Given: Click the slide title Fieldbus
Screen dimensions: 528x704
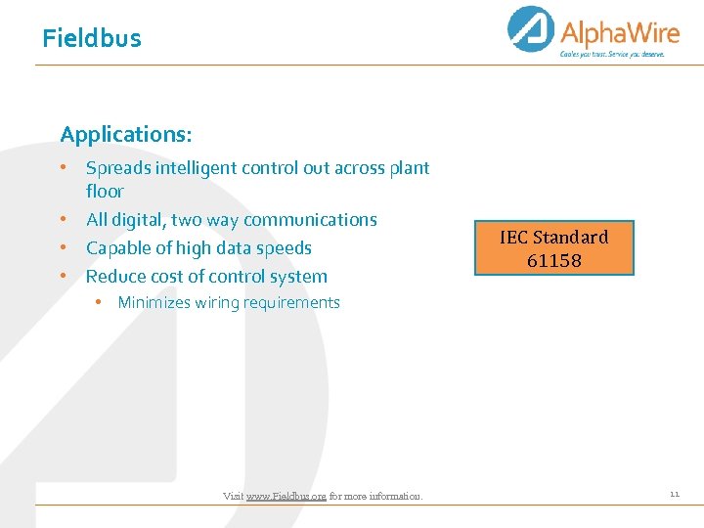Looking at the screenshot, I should pos(92,39).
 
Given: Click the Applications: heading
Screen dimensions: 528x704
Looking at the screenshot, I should pos(126,134).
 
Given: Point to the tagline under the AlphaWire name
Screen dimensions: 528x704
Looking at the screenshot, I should pos(612,55).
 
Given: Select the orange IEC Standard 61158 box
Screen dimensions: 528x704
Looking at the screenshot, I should pos(553,248).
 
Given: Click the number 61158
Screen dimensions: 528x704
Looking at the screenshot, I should pos(553,261).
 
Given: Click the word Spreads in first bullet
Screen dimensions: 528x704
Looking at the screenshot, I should pos(117,168).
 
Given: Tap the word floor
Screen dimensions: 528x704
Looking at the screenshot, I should pos(105,192).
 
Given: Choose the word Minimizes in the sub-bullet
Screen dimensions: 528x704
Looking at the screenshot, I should pos(154,303).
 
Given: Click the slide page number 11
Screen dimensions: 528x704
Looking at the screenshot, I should pos(674,495).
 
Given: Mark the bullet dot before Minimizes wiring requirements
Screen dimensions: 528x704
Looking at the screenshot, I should pos(100,302).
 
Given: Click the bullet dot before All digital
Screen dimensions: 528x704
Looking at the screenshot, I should pos(62,219).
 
